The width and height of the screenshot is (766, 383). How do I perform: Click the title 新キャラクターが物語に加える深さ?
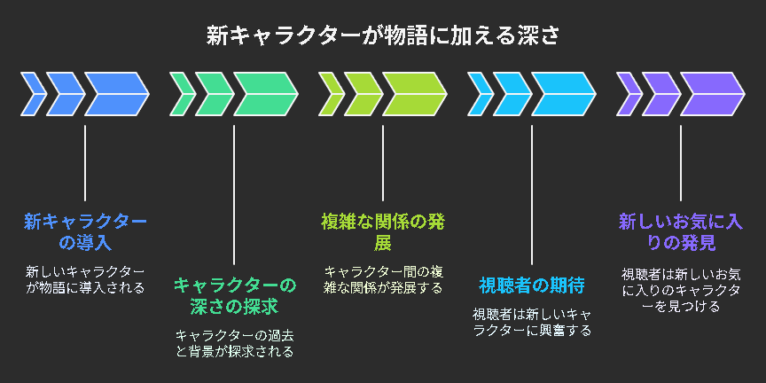point(382,36)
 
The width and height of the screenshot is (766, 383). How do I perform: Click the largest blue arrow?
point(117,94)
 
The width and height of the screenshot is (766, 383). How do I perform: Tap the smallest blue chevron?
point(34,94)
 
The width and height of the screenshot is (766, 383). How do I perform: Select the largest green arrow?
point(266,94)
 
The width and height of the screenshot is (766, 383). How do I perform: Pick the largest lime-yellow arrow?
point(415,94)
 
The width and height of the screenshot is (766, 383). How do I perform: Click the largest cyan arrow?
point(564,94)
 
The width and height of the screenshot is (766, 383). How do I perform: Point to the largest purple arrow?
point(713,94)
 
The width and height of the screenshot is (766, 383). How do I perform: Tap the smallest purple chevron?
point(629,94)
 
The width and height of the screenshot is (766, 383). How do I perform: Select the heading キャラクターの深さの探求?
point(234,296)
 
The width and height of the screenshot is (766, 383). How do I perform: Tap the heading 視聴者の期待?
point(532,286)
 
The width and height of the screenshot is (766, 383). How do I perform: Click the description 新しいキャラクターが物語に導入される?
point(85,280)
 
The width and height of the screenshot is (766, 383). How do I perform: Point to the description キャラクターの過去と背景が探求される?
point(234,343)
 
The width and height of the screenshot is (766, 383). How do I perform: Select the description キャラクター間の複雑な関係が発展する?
point(383,280)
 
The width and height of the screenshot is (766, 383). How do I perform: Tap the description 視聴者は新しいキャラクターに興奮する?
point(532,322)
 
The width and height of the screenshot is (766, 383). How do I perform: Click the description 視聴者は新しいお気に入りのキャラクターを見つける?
point(681,289)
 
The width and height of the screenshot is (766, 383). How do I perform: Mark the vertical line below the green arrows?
point(234,195)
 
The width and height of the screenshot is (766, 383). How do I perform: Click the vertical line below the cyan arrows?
point(532,195)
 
